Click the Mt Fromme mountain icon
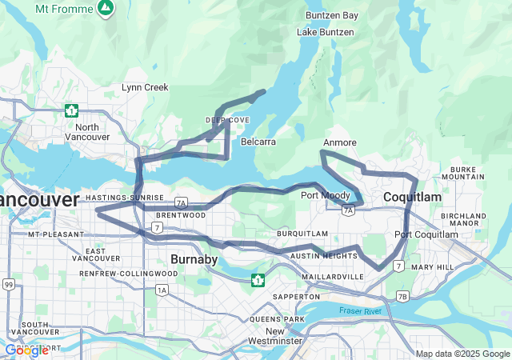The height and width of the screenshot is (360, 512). pos(105,8)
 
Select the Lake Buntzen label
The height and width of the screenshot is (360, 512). pos(323,32)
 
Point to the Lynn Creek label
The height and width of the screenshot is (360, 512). pos(145,86)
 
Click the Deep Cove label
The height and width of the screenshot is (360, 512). pos(227,120)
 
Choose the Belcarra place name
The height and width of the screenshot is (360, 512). pos(258,142)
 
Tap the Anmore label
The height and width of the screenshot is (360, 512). pos(339,142)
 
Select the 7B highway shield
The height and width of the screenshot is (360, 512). pos(402,297)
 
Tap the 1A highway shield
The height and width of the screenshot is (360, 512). pos(163,290)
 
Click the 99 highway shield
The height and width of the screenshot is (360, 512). pos(8,284)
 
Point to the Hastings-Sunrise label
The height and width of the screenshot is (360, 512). pos(124,198)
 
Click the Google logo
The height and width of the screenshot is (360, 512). pos(26,350)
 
